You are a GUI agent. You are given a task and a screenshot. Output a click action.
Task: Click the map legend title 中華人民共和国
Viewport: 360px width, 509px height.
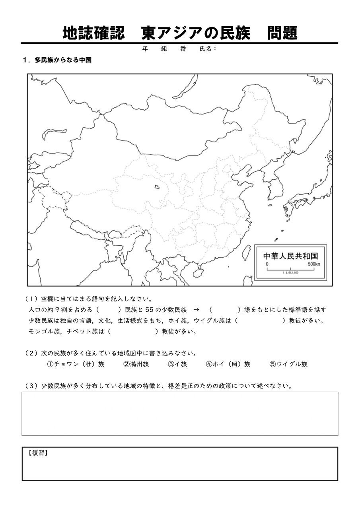290,255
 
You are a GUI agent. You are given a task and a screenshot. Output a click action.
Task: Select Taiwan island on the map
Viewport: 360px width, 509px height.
247,252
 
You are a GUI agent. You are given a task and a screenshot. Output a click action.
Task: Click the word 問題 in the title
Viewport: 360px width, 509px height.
282,33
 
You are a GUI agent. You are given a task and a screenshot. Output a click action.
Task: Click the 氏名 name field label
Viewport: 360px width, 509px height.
207,49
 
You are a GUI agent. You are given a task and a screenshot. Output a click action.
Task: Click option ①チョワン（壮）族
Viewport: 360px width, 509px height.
76,364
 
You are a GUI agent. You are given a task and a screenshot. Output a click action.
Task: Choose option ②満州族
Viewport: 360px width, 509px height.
136,364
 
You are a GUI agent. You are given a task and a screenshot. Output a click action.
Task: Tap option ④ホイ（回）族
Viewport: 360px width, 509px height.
228,364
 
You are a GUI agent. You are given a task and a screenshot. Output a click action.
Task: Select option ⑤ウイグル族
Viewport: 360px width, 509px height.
288,364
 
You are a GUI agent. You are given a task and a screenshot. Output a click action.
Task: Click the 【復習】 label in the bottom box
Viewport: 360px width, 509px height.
38,453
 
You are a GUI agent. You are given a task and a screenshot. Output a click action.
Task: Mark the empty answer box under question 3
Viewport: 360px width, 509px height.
180,414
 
